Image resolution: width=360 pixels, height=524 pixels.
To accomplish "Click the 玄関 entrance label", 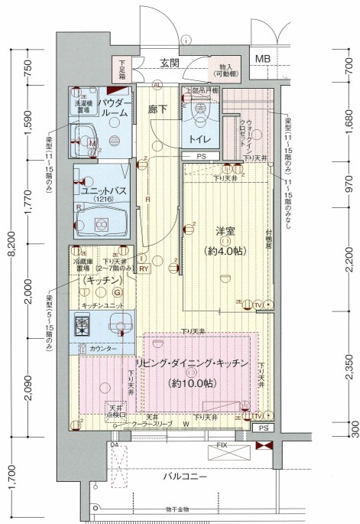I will point(169,63).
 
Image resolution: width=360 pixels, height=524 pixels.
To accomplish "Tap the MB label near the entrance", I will point(262,60).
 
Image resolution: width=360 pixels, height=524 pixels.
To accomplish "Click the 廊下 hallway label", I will point(158,109).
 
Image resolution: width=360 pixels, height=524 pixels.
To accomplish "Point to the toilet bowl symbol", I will point(200,112).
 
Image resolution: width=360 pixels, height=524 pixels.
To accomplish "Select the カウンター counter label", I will point(102,349).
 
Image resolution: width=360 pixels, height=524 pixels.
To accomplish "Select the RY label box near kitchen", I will point(144,269).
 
